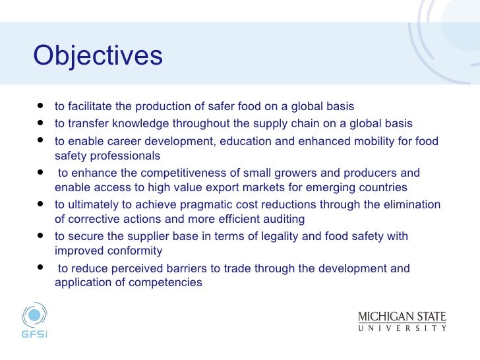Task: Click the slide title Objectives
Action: tap(98, 56)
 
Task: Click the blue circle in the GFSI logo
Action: tap(34, 314)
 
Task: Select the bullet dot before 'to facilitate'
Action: tap(42, 105)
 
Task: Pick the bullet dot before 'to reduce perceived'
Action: tap(42, 268)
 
